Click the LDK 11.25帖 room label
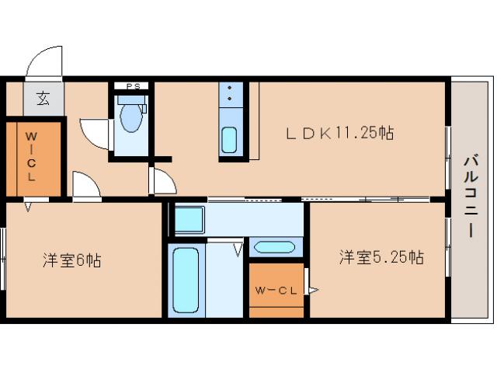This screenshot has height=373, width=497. [x=340, y=133]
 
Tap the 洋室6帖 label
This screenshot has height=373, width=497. [x=71, y=260]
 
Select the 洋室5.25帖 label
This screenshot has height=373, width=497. [x=380, y=256]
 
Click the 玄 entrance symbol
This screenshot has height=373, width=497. [x=43, y=99]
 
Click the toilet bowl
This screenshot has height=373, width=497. [x=130, y=120]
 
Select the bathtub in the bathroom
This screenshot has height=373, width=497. [x=185, y=280]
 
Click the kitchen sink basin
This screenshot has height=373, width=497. [x=230, y=140]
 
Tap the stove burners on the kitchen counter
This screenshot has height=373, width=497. [x=231, y=96]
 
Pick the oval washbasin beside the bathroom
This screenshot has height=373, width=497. [x=273, y=248]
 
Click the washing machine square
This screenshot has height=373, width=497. [x=188, y=218]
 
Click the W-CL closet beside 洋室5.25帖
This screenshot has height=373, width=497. [x=276, y=291]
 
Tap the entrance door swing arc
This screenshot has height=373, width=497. [x=43, y=62]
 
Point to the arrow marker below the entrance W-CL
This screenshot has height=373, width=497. [x=29, y=206]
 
